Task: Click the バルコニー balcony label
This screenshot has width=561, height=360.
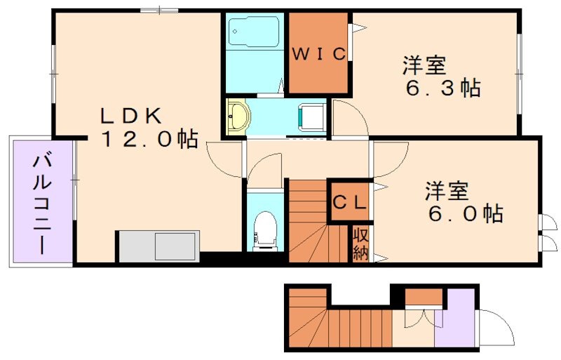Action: coord(41,204)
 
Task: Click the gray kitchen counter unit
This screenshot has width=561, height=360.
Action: coord(158,246)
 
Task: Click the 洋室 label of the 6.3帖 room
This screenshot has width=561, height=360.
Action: coord(424,66)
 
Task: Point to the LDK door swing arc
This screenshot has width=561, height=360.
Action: coord(223,158)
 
